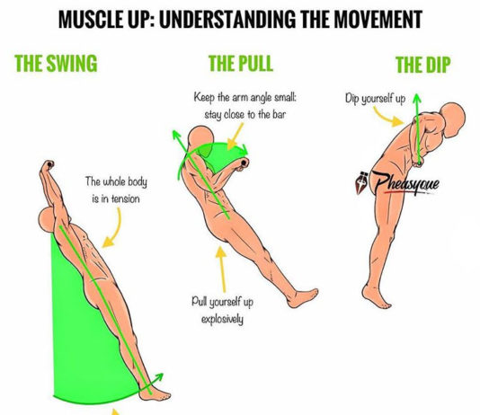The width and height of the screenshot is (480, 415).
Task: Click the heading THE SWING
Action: (56, 64)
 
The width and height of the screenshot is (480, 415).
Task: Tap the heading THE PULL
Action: (241, 64)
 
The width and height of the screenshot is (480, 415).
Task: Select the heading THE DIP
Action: (423, 65)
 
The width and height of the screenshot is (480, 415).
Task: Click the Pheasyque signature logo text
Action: (405, 183)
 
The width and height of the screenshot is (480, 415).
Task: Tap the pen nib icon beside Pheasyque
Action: (362, 182)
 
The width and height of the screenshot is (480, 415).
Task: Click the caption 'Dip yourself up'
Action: (376, 99)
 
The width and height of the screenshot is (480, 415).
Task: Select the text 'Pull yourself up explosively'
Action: (223, 311)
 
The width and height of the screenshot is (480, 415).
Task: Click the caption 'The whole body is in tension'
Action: (116, 190)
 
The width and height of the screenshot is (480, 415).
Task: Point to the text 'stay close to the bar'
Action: (244, 115)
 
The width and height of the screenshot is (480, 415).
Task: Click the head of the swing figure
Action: (47, 220)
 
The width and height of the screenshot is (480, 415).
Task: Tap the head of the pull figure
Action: (200, 138)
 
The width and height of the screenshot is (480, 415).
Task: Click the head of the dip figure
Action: (454, 119)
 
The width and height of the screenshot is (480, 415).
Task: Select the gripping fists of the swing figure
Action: (48, 166)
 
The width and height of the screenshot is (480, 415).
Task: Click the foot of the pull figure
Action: (302, 297)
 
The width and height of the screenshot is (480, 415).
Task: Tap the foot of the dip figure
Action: (375, 296)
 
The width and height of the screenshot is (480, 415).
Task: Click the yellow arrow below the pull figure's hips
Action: (222, 269)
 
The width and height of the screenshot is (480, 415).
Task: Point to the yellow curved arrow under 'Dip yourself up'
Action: (387, 117)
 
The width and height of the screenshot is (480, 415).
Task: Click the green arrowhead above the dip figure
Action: (417, 98)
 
